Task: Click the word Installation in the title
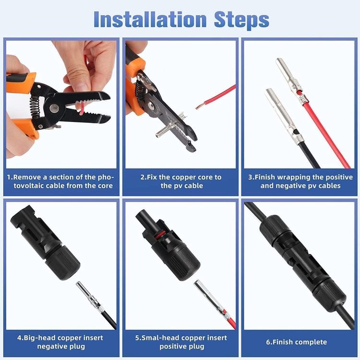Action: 150,19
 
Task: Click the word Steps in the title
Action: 241,20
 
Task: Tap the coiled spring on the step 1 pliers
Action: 35,107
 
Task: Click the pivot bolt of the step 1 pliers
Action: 54,108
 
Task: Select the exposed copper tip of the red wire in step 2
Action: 199,106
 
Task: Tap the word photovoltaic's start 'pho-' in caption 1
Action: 106,177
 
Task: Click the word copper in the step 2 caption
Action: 184,177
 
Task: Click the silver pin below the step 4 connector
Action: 90,295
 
